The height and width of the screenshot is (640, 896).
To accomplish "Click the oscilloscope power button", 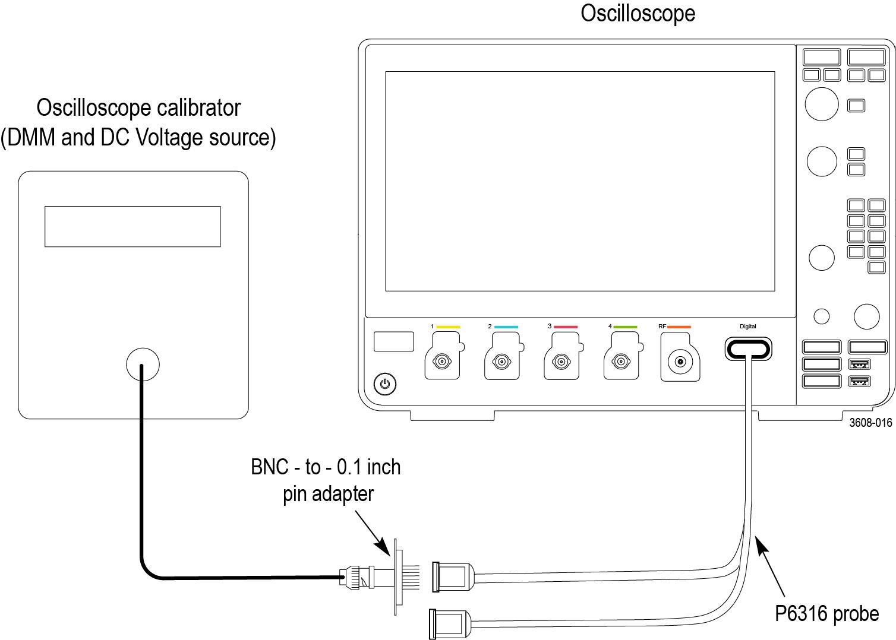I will point(385,384).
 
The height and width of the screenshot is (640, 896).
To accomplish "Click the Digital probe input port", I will point(748,349).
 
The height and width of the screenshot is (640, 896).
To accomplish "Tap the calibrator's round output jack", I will point(143,364).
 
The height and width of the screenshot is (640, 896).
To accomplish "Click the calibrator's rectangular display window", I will point(132,226).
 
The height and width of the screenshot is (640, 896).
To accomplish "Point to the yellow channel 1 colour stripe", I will point(448,327).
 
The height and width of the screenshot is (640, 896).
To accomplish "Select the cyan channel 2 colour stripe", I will point(506,327).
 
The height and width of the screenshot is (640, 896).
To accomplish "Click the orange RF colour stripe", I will point(679,327).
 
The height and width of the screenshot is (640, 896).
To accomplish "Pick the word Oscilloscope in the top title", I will point(638,13).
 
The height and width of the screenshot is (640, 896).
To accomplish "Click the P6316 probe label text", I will point(826,613).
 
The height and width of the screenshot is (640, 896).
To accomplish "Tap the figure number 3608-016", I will point(870,423).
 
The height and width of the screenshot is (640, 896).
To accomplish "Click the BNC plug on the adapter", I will point(356,576).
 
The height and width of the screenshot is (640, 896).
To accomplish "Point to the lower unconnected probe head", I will point(449,623).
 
